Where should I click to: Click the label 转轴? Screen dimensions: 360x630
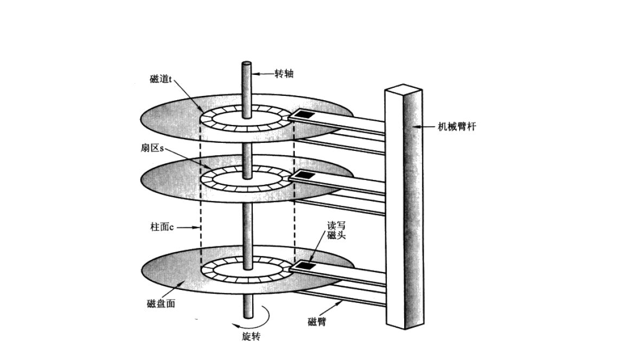(284, 74)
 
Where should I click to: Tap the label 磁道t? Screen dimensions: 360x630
(161, 79)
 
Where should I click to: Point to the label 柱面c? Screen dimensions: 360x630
(162, 227)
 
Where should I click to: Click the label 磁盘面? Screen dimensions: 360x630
(161, 303)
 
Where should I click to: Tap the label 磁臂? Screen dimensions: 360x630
(317, 322)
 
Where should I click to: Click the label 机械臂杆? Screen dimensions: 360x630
(456, 127)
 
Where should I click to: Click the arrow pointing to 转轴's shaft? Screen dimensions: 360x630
(261, 74)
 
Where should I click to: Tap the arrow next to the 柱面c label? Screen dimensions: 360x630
(189, 227)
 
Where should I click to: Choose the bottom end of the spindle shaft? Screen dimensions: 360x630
(247, 315)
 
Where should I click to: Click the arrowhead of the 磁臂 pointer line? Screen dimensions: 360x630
(343, 303)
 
